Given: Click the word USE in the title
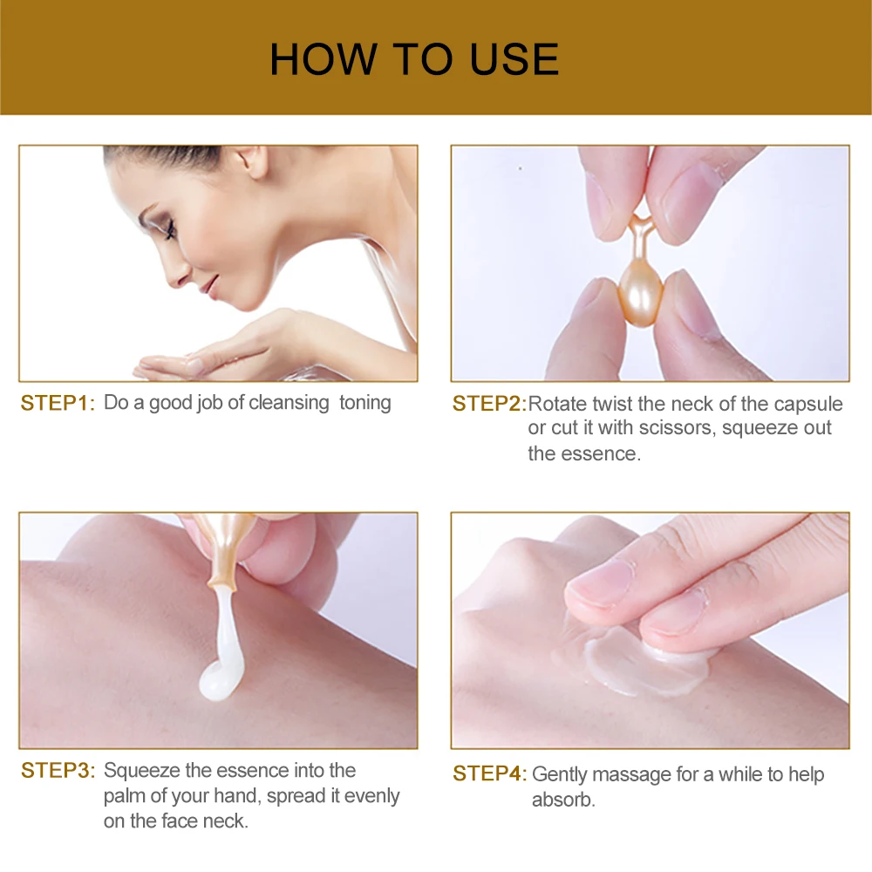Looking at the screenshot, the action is [514, 59].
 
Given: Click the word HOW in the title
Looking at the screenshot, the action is [324, 59].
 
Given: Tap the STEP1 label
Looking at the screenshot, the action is [58, 403].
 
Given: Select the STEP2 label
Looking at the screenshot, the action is [489, 404].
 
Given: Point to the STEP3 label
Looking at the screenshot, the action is [58, 771].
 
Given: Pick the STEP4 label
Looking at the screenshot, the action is [489, 773].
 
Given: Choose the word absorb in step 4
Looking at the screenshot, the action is [562, 800].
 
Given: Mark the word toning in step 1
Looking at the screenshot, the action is [364, 403].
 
